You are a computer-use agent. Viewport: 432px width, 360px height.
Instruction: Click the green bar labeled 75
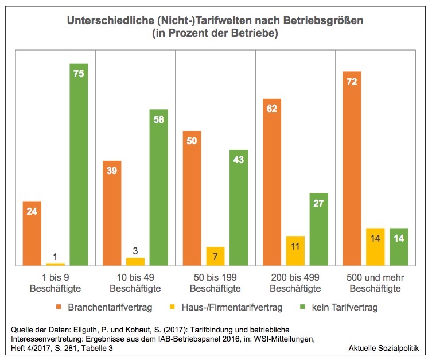79,167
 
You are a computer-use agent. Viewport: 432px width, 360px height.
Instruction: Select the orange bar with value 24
33,233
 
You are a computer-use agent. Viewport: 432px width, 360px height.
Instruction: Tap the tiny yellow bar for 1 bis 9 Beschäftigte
56,264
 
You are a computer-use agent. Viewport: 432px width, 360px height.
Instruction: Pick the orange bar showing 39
112,213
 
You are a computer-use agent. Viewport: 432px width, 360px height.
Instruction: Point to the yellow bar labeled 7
216,256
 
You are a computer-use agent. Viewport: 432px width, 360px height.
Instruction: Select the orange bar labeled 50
192,198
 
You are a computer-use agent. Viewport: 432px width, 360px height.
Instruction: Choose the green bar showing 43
239,207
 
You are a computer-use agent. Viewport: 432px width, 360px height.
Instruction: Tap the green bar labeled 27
318,229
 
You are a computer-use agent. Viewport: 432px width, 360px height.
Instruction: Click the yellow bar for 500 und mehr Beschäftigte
375,247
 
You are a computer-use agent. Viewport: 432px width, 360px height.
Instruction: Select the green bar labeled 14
398,247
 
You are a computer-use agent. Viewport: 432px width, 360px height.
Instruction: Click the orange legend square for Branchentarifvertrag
59,307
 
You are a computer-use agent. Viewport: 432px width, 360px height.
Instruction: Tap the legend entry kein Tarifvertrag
344,307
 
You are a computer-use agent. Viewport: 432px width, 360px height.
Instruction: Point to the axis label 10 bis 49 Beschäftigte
135,283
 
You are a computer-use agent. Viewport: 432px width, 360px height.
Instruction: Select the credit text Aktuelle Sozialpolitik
384,348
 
